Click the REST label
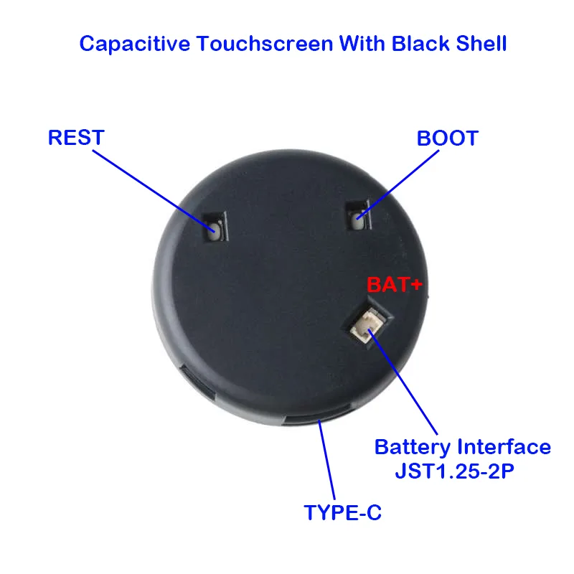coord(76,138)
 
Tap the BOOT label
coord(447,138)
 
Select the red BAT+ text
coord(395,285)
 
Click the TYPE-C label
coord(343,512)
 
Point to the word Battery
coord(413,448)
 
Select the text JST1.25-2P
coord(455,471)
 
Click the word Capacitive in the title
coord(135,44)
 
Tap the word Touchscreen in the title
coord(264,44)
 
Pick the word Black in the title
coord(420,44)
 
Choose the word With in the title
coord(362,44)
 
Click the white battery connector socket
coord(367,325)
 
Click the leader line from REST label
coord(154,191)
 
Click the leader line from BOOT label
coord(397,184)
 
